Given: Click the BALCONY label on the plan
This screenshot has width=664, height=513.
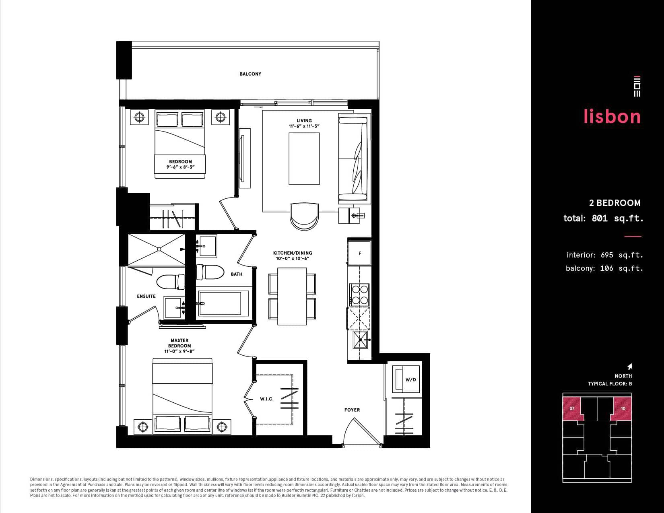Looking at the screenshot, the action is [250, 74].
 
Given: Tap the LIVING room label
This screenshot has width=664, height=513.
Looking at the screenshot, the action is [304, 121].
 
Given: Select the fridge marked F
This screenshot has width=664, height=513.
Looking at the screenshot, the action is [360, 253].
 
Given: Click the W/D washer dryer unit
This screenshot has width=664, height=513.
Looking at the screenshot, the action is [406, 379].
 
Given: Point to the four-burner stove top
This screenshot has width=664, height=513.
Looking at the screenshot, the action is [360, 295].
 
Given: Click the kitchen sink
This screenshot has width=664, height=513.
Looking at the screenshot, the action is [360, 340].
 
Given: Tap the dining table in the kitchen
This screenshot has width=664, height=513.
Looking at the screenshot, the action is [292, 297].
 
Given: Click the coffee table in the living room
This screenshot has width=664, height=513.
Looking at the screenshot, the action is [304, 159].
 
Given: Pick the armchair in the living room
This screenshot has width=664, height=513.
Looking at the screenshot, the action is [304, 216].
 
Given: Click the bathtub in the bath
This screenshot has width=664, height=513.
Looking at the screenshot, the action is [224, 303].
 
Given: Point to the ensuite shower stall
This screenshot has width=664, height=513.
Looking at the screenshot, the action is [156, 249].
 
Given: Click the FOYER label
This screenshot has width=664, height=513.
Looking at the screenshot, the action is [352, 410].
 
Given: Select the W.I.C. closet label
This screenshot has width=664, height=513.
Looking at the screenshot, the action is [266, 399].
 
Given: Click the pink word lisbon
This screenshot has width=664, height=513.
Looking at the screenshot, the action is [612, 116].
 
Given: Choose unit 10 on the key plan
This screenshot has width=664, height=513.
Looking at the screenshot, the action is [621, 409].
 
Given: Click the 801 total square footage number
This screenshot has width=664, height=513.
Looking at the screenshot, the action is [600, 218].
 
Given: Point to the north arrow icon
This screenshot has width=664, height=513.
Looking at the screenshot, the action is [629, 366].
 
